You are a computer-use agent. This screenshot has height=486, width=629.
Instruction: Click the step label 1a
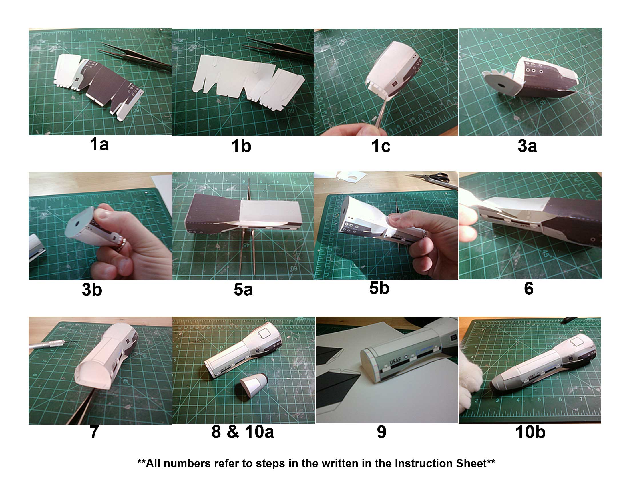coord(99,144)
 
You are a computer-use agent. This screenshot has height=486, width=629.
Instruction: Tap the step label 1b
coord(241,146)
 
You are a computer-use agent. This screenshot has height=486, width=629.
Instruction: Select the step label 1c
coord(381,146)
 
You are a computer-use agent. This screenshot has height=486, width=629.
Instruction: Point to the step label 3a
coord(527,146)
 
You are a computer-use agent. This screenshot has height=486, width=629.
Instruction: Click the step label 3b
coord(92,289)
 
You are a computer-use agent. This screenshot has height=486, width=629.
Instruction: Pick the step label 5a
coord(243,289)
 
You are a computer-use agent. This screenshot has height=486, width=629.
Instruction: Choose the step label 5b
coord(379,288)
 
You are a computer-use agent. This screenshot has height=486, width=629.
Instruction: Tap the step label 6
coord(528,288)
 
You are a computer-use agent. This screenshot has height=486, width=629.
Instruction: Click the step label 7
coord(94,432)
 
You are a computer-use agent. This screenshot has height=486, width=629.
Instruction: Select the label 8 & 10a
coord(242,432)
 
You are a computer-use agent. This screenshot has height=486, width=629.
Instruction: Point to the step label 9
coord(381,432)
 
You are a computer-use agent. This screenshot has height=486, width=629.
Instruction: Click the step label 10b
coord(530,432)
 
